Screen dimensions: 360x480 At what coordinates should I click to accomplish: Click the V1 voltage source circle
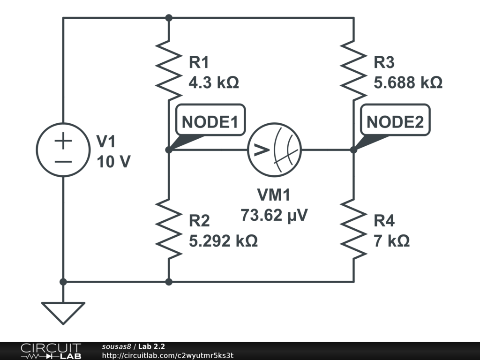[x=63, y=150]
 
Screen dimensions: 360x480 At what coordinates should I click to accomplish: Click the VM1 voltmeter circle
[x=275, y=150]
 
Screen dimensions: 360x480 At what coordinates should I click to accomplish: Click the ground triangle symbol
[x=63, y=312]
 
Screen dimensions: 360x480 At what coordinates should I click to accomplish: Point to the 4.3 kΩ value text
[x=214, y=83]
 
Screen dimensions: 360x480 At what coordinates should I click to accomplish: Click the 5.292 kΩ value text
[x=223, y=241]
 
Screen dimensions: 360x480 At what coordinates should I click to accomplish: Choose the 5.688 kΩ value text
[x=408, y=83]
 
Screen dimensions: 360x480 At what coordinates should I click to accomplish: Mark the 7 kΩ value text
[x=392, y=241]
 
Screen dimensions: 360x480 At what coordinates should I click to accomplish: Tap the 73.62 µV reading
[x=275, y=215]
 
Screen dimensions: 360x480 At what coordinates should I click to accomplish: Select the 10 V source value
[x=113, y=162]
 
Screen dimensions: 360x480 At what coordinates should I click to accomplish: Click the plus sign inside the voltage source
[x=63, y=141]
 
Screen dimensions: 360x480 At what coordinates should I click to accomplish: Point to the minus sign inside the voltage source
[x=63, y=162]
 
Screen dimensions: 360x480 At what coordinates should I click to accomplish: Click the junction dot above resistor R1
[x=169, y=18]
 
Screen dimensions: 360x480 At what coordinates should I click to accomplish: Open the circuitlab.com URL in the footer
[x=167, y=355]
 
